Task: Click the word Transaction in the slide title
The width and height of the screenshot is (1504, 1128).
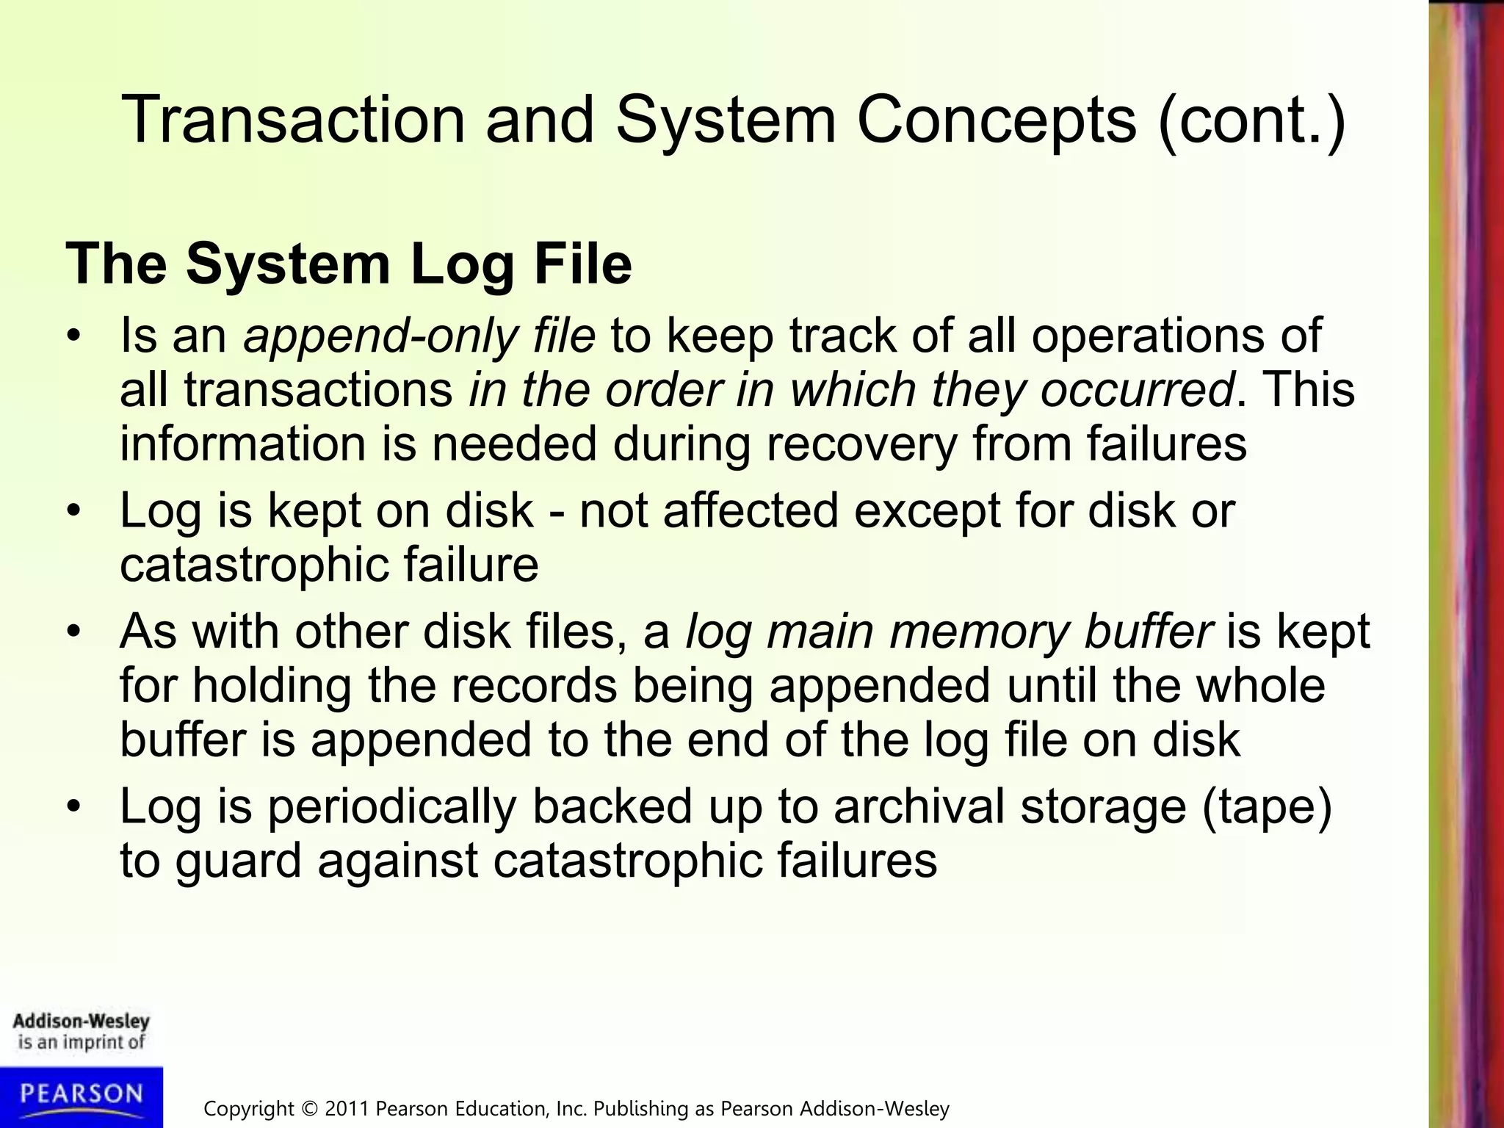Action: [x=294, y=119]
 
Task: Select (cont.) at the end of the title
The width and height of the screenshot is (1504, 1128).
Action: [x=1251, y=120]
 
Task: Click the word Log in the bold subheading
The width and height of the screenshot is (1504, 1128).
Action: [x=462, y=264]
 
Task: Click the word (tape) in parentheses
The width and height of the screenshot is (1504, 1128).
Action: [x=1266, y=806]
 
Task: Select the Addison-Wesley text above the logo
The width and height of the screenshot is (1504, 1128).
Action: [x=81, y=1022]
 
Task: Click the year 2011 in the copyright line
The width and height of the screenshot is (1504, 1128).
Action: [x=347, y=1109]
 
